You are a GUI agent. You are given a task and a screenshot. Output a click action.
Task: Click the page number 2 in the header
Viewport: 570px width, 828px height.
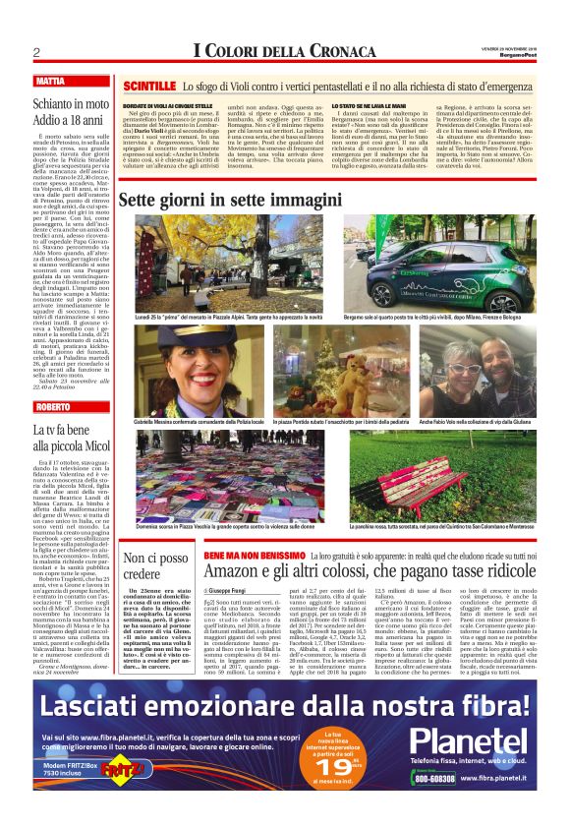36,52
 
